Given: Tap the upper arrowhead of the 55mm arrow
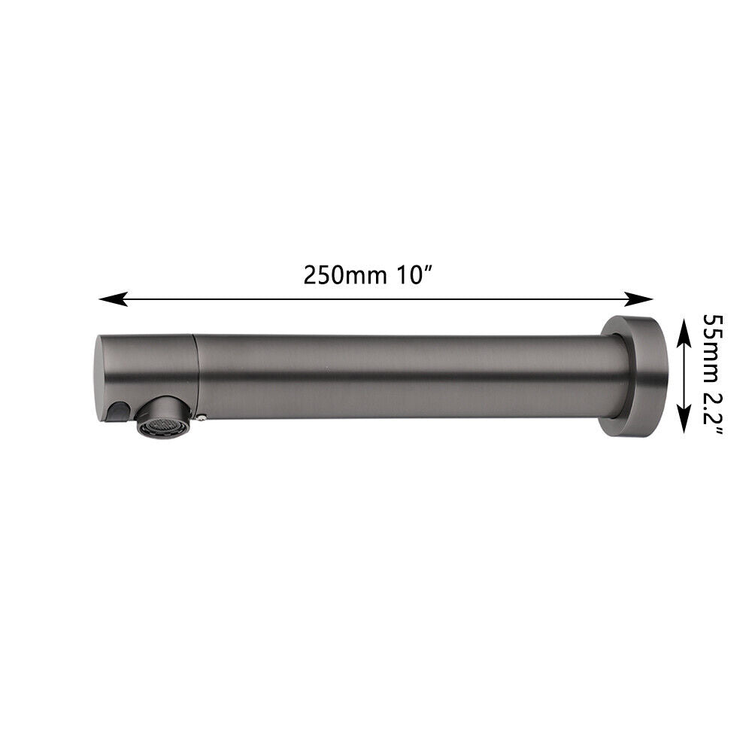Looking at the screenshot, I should [683, 327].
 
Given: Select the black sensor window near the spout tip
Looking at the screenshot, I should [117, 411].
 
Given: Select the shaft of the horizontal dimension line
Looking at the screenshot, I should [376, 299].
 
